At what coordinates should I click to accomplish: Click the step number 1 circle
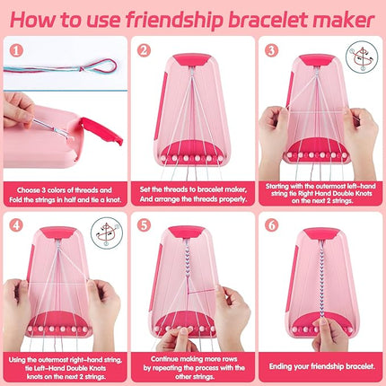point(16,49)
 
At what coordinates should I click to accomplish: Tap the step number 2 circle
point(145,49)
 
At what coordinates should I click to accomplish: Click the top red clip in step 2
point(192,59)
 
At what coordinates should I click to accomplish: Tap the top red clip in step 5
point(192,232)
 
